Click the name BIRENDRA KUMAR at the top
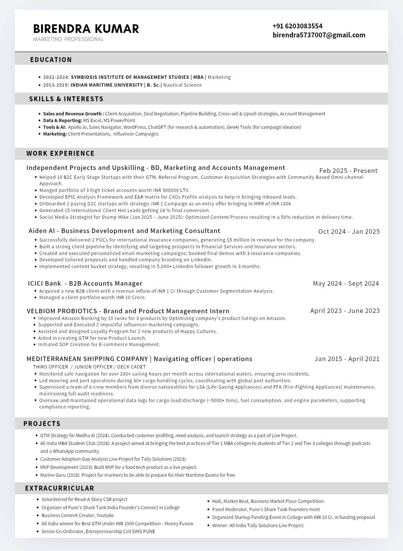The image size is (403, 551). tap(86, 29)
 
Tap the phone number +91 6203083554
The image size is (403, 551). tap(297, 26)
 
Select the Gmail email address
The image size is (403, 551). tap(319, 35)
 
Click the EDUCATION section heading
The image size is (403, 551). tap(51, 60)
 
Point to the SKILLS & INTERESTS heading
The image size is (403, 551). tap(66, 99)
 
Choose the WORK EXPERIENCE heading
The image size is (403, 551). tap(60, 153)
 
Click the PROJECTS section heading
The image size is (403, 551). tap(42, 424)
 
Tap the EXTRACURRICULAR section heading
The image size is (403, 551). tap(60, 488)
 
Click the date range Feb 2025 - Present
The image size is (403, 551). tap(348, 171)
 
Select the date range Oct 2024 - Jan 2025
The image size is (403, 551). tap(349, 231)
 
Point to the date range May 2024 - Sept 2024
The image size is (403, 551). tap(346, 283)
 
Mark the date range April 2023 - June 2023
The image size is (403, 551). tap(345, 311)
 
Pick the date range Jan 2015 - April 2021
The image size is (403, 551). tap(347, 359)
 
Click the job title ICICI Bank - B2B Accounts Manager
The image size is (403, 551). tap(85, 283)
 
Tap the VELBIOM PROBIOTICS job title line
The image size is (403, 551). tap(128, 311)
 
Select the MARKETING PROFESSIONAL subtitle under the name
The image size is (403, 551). tap(68, 39)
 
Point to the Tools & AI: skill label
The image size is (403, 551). tap(54, 127)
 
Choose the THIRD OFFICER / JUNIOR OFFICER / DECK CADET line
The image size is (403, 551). tap(89, 367)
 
